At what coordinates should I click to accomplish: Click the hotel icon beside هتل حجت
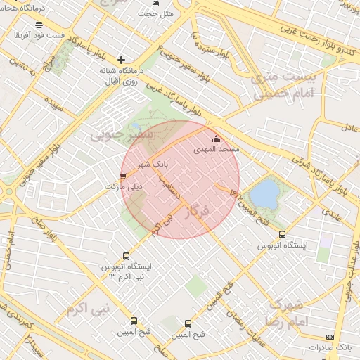(x=155, y=4)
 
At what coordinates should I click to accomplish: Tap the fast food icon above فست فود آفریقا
(x=39, y=25)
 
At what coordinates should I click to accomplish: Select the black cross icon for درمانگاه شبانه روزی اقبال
(x=122, y=60)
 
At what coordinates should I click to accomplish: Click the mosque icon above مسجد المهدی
(x=215, y=140)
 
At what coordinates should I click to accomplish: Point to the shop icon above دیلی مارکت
(x=124, y=176)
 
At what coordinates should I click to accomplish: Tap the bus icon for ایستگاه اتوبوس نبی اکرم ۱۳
(x=126, y=257)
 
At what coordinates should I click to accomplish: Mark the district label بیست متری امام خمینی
(x=281, y=86)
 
